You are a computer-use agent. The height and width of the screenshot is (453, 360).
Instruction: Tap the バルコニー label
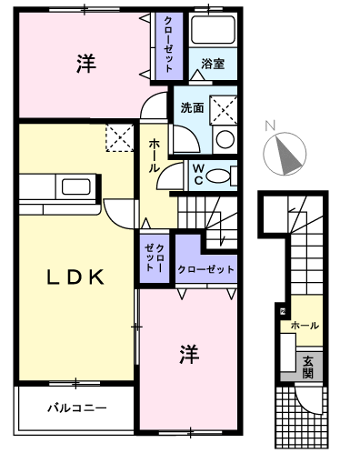pyautogui.click(x=77, y=408)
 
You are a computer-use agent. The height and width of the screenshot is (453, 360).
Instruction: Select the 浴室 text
pyautogui.click(x=214, y=65)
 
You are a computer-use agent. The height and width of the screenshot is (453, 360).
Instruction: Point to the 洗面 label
pyautogui.click(x=192, y=107)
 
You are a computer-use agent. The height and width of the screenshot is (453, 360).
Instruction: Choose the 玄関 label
pyautogui.click(x=309, y=367)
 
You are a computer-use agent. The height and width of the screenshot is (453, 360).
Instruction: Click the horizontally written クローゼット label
pyautogui.click(x=205, y=269)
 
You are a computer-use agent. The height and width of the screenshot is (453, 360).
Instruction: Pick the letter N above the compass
pyautogui.click(x=270, y=126)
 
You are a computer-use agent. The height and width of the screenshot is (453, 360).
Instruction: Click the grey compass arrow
pyautogui.click(x=289, y=154)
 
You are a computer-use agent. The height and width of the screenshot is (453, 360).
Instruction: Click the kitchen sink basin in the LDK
pyautogui.click(x=72, y=188)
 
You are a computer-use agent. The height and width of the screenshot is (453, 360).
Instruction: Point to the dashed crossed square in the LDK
pyautogui.click(x=118, y=139)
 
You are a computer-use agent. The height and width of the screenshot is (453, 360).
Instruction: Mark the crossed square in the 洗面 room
pyautogui.click(x=224, y=109)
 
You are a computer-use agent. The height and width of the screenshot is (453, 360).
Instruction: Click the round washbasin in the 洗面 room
pyautogui.click(x=224, y=138)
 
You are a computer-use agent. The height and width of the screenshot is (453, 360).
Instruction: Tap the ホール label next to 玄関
pyautogui.click(x=305, y=325)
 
